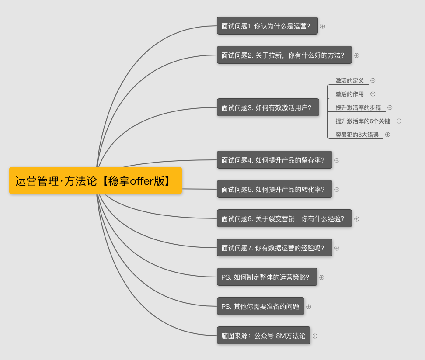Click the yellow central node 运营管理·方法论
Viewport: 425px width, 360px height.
click(x=95, y=180)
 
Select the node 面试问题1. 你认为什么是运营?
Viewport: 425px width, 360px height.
click(x=267, y=26)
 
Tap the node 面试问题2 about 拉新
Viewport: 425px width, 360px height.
click(x=284, y=55)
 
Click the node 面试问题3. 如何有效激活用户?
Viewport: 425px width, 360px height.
click(x=268, y=107)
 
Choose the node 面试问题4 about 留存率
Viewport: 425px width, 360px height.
click(x=274, y=160)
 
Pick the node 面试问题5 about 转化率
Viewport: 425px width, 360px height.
click(x=274, y=189)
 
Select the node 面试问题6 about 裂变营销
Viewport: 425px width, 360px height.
click(x=284, y=218)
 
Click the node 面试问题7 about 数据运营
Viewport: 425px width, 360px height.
click(x=274, y=248)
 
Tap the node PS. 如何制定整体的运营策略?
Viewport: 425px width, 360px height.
click(x=267, y=277)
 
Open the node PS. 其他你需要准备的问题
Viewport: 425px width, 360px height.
click(x=261, y=306)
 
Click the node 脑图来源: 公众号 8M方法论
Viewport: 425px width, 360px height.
click(x=264, y=336)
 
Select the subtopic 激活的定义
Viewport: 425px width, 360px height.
click(x=349, y=80)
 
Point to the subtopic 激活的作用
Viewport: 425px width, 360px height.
click(x=349, y=94)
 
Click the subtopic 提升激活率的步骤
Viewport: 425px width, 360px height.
click(x=358, y=107)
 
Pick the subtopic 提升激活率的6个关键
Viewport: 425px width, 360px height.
click(x=362, y=121)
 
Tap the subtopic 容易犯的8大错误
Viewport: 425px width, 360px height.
click(x=357, y=135)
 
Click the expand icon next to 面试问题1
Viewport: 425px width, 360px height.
click(x=323, y=26)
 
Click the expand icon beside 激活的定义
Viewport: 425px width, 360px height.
click(x=373, y=80)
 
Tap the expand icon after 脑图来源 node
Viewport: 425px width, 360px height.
click(x=315, y=336)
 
